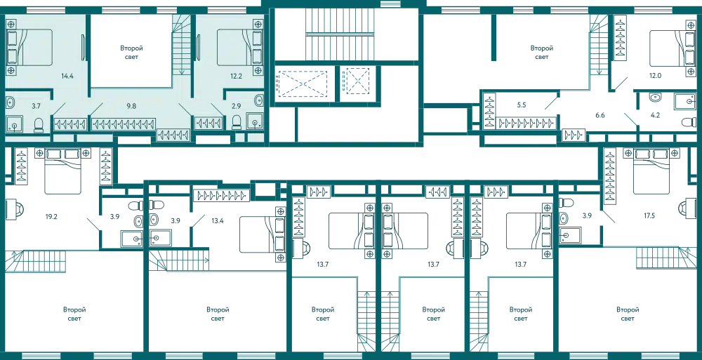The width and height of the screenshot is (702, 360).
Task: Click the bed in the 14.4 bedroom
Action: [x=34, y=48]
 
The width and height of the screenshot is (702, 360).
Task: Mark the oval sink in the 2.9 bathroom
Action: [x=258, y=101]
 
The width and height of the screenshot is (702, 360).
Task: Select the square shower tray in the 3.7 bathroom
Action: [x=15, y=125]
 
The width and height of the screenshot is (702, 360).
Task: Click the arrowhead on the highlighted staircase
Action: [x=182, y=70]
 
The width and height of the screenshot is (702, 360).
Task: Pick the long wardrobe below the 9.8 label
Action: [x=124, y=124]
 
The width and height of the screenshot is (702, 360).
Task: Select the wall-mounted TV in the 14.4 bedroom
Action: [x=84, y=48]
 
